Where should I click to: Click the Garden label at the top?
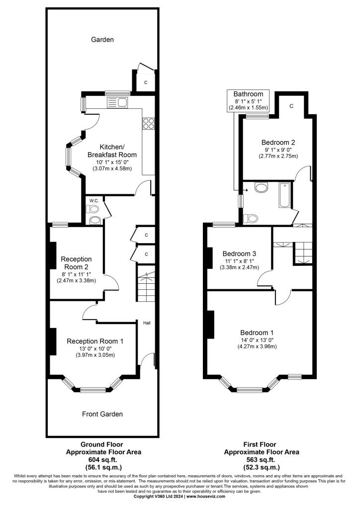102,40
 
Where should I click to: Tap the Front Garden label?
102,414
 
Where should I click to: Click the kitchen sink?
117,102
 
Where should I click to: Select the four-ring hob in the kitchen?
148,123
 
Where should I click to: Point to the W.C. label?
94,201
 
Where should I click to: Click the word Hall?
147,323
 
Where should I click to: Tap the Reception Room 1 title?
95,341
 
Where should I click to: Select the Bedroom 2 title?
278,142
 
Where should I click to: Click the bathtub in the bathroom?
285,195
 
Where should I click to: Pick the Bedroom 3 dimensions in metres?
239,267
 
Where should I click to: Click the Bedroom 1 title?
257,333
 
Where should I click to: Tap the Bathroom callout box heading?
248,94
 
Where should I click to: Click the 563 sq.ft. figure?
261,460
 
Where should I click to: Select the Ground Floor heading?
101,444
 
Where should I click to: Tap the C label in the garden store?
146,83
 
